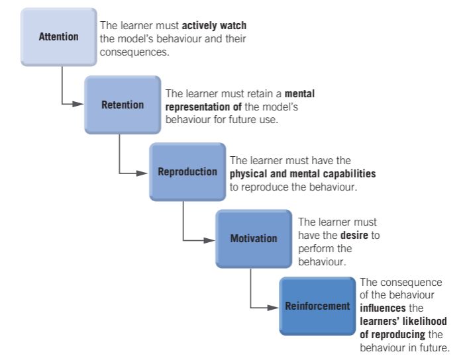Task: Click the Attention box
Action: [58, 37]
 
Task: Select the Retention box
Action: [122, 105]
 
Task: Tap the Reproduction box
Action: [187, 172]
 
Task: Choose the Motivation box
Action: [253, 239]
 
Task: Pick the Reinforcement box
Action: [317, 306]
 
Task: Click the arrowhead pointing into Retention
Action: [78, 104]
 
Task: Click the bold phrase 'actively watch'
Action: [214, 26]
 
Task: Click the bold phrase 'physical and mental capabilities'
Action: [302, 173]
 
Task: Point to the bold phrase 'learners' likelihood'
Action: [403, 321]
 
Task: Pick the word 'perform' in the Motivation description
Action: [315, 249]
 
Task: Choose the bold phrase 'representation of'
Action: [204, 107]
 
